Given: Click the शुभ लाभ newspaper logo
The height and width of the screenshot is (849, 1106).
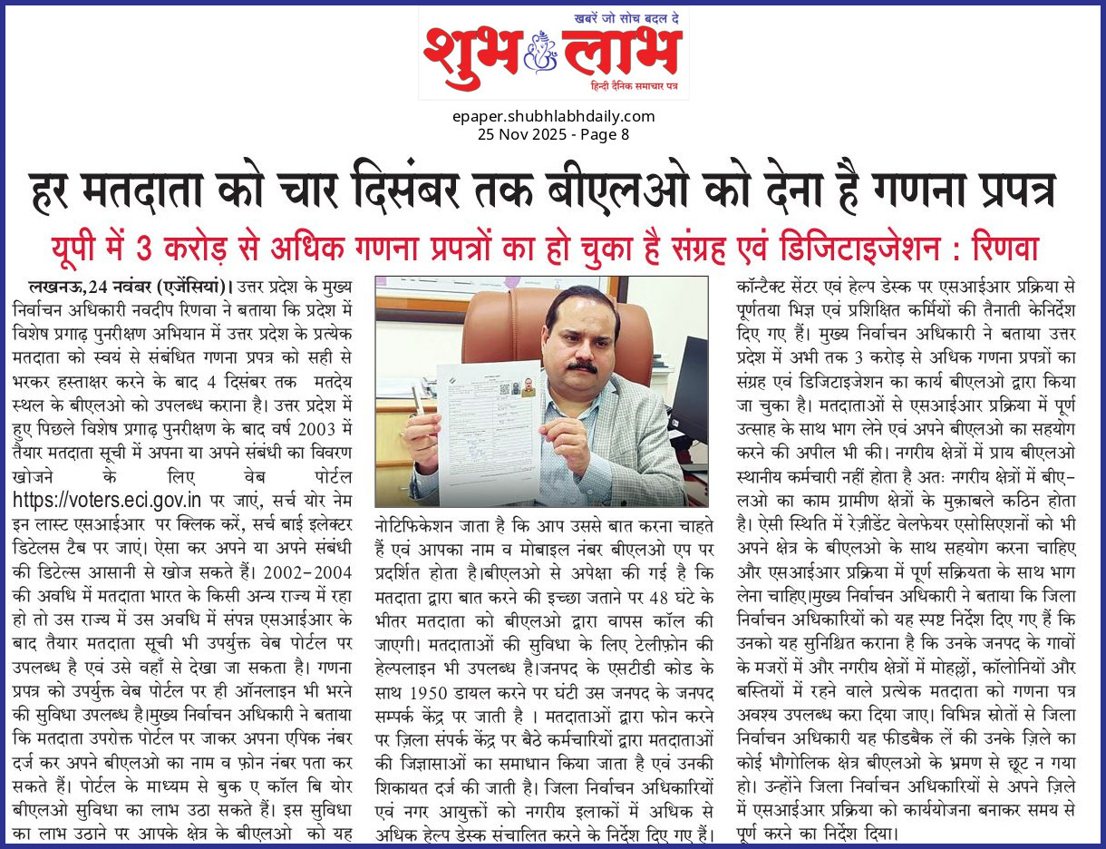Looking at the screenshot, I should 553,53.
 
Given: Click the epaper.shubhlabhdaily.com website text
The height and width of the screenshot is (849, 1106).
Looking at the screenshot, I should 553,116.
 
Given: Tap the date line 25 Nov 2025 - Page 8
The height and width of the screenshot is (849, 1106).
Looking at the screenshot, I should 553,134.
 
